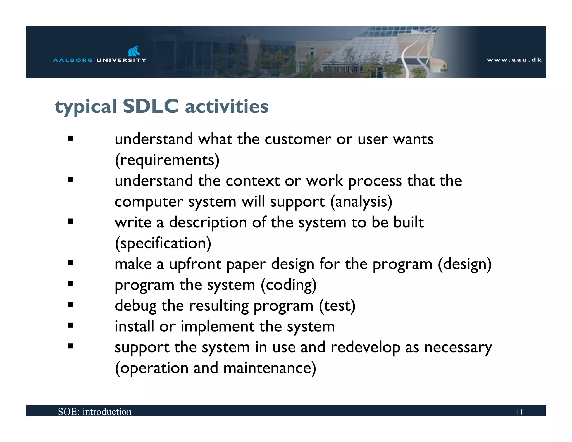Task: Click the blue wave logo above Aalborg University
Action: point(134,51)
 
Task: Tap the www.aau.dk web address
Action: point(514,60)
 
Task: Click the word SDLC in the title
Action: point(150,106)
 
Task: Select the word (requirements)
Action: point(167,160)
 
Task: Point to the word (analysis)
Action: point(361,202)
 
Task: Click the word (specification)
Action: point(163,243)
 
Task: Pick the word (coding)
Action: point(289,285)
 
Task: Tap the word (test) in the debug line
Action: point(337,306)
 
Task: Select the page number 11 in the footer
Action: point(519,412)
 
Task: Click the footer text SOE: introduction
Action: point(95,412)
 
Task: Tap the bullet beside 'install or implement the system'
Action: point(71,325)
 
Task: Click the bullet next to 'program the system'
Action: point(71,284)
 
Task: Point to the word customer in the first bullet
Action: point(298,139)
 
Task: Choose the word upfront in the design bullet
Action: point(195,264)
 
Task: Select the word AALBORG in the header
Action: point(73,60)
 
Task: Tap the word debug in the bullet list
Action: point(135,306)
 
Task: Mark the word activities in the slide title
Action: point(227,106)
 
